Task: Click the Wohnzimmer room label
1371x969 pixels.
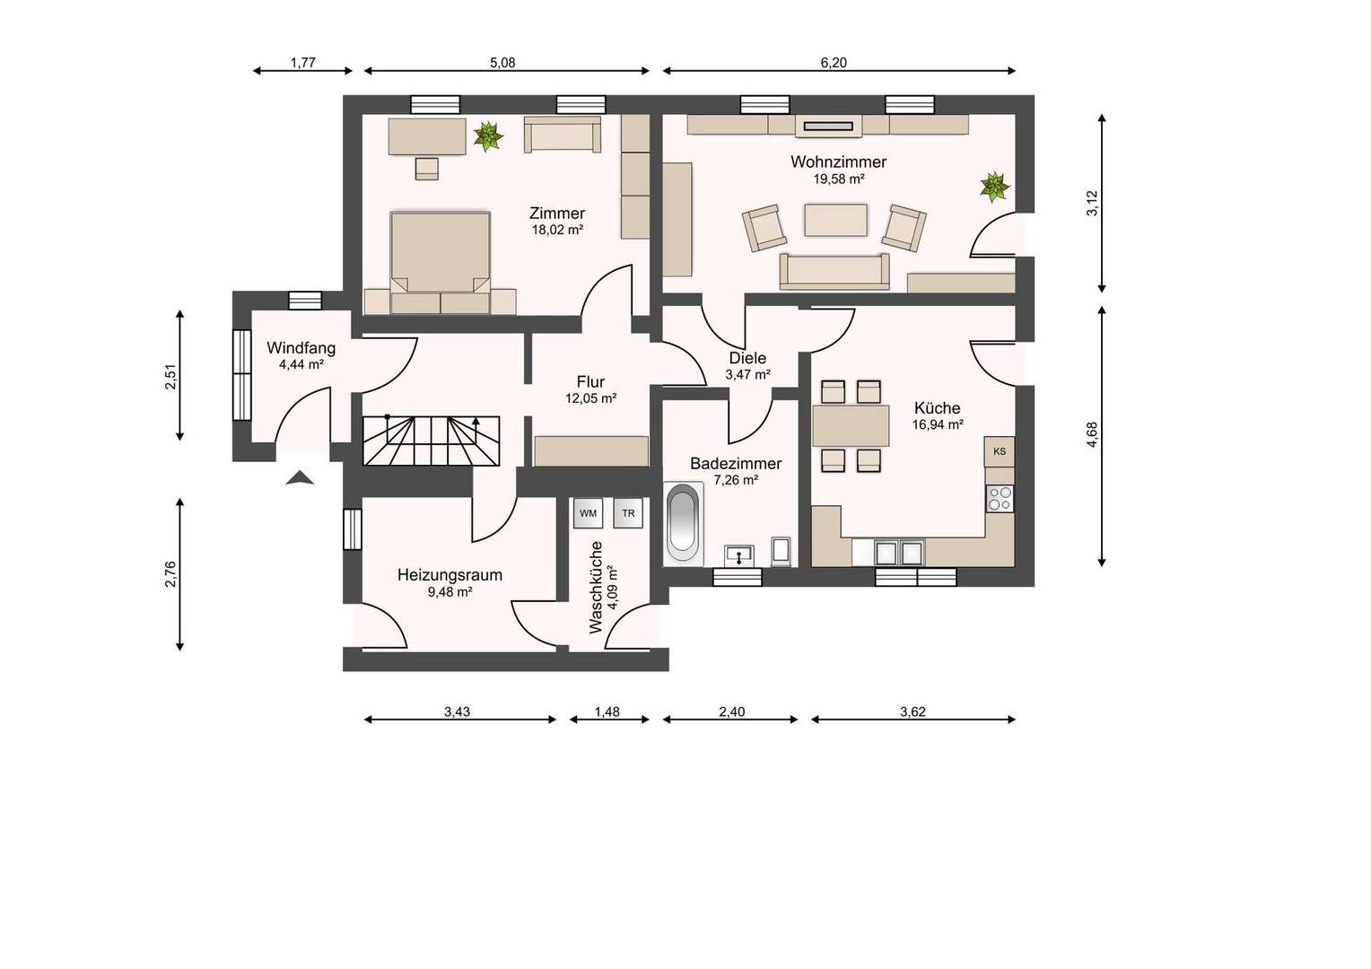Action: point(838,161)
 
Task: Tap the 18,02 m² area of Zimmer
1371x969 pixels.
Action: point(557,230)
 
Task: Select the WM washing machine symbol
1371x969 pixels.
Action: point(588,513)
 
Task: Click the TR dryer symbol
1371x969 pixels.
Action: point(628,513)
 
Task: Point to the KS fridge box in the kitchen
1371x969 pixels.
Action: point(999,451)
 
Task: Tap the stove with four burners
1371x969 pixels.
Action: point(1000,498)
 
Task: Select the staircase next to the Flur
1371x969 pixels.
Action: point(431,441)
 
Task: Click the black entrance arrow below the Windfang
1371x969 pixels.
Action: point(300,478)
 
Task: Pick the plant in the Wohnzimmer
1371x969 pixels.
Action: point(994,187)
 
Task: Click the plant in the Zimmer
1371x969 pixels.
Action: point(488,136)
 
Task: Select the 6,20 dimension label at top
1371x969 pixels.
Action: point(833,63)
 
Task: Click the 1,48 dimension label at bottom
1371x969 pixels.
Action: point(607,711)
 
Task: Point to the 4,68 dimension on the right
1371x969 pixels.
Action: point(1092,434)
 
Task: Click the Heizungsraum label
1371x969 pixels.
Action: point(450,575)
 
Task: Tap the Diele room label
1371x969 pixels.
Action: point(747,358)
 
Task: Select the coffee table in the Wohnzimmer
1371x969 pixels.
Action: point(835,220)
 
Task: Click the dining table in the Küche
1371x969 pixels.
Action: point(851,425)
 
